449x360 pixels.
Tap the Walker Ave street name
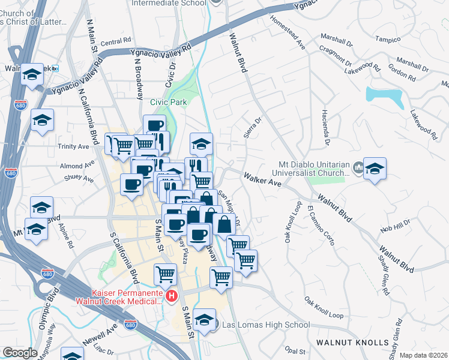click(x=262, y=179)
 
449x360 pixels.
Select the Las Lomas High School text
click(x=266, y=325)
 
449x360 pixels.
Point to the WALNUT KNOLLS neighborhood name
click(x=353, y=343)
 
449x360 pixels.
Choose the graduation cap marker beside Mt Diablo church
click(x=375, y=168)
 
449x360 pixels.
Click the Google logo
click(x=20, y=353)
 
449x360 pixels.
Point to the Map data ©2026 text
click(x=423, y=355)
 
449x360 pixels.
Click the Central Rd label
click(x=116, y=42)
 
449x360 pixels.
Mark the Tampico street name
click(x=388, y=40)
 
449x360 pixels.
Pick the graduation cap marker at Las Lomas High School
click(x=205, y=319)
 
